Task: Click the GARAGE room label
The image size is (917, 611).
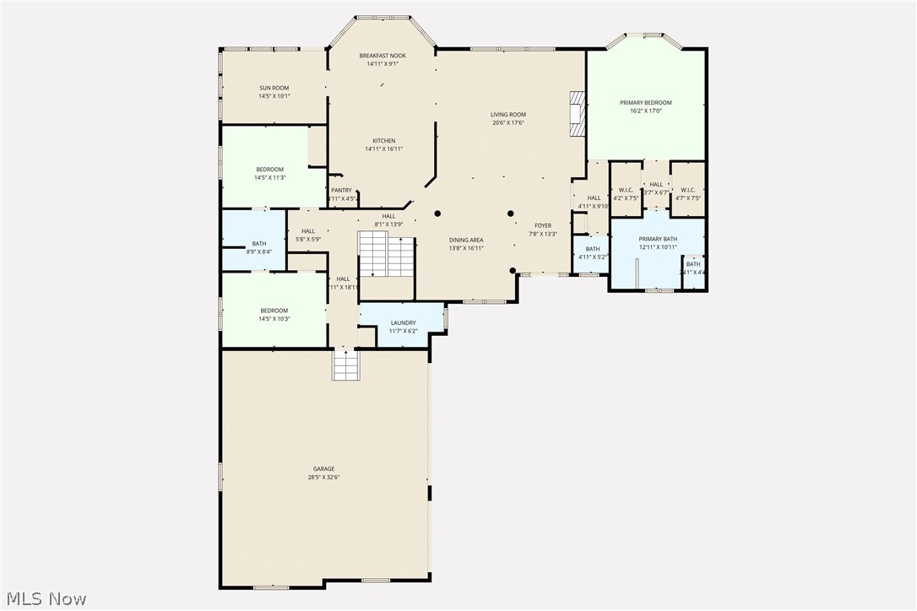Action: [323, 468]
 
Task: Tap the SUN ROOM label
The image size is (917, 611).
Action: [274, 88]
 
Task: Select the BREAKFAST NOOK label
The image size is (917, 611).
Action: [382, 56]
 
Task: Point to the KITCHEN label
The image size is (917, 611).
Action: [384, 141]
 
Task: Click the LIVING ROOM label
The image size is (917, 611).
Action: [508, 115]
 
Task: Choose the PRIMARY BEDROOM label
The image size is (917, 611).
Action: [646, 103]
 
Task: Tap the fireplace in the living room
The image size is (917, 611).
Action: [577, 114]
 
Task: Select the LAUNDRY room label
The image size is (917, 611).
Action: [403, 322]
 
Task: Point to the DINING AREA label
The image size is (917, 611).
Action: [465, 240]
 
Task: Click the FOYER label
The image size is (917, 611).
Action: [542, 225]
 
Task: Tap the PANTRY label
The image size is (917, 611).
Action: [341, 191]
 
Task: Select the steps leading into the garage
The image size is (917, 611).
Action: [345, 365]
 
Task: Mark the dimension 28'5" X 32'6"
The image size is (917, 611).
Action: [323, 478]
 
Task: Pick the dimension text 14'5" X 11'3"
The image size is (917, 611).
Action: [270, 178]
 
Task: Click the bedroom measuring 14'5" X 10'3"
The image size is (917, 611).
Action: [274, 314]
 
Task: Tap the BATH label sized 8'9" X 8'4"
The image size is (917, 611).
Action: [258, 244]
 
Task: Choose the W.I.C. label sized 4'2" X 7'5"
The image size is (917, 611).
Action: [626, 190]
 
